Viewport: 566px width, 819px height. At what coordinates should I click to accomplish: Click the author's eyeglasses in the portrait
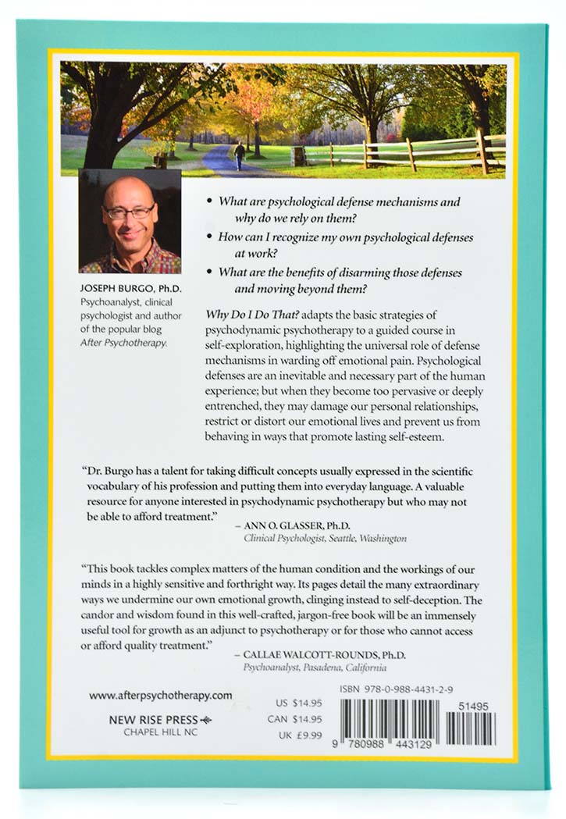click(130, 212)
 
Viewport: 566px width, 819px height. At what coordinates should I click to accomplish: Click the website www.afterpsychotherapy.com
click(161, 694)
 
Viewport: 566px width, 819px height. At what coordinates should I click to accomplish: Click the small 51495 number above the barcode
click(475, 705)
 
